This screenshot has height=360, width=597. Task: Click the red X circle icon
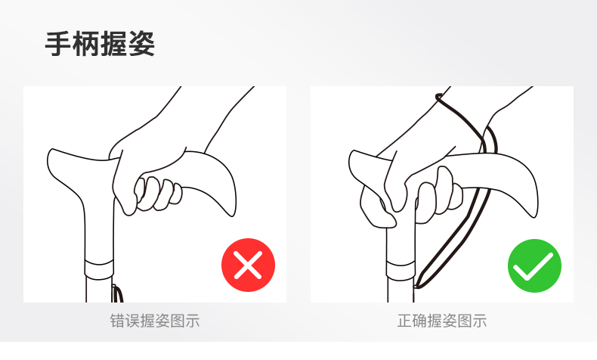point(248,265)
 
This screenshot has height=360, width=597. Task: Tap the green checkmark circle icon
point(534,265)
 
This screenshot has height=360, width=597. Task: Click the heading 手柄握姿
point(100,44)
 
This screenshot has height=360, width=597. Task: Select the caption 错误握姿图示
point(155,321)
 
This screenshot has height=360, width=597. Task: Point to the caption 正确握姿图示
point(442,321)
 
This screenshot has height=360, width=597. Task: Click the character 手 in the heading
point(58,44)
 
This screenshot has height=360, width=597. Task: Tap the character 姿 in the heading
point(141,44)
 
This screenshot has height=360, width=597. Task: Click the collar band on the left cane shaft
point(99,268)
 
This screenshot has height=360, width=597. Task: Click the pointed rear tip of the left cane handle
point(233,216)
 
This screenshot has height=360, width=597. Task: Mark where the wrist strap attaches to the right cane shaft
point(416,285)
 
